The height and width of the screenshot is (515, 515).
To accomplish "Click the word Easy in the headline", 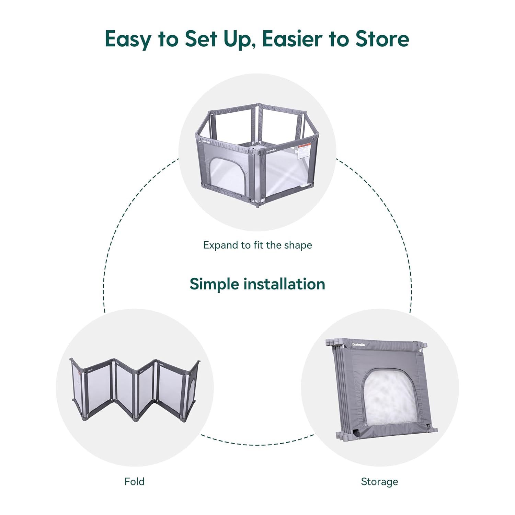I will [x=127, y=39].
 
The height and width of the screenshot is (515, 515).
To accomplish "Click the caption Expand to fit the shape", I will [x=257, y=245].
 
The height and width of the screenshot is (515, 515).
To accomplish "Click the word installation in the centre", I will [x=284, y=284].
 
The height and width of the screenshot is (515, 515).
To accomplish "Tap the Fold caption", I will [x=134, y=481].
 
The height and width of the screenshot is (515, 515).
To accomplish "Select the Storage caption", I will [x=379, y=481].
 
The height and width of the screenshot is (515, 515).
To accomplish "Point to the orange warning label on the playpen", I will [x=304, y=151].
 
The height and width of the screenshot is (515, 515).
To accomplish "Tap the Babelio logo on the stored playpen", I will [x=359, y=344].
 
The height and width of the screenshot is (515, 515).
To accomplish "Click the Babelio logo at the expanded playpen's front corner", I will [x=271, y=150].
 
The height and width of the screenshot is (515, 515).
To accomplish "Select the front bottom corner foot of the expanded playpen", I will [x=257, y=206].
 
